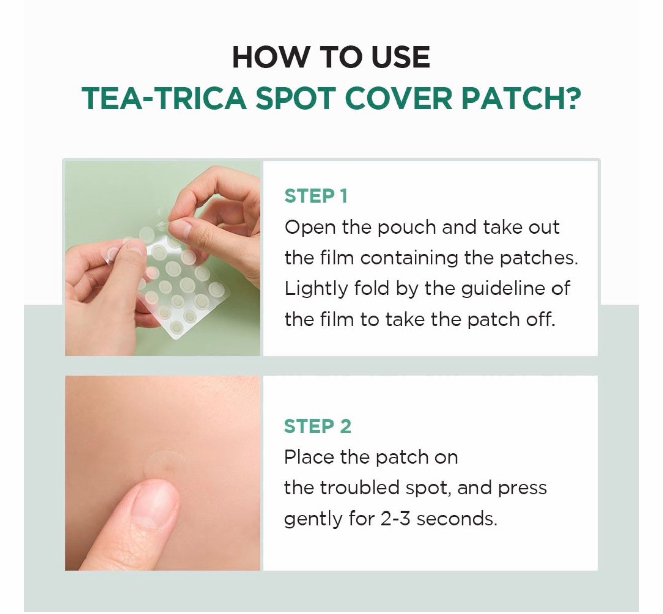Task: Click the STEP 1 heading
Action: click(316, 196)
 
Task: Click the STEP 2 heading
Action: click(317, 426)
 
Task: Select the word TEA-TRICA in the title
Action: click(164, 98)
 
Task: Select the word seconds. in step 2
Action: click(457, 519)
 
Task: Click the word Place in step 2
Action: click(309, 457)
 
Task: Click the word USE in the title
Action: click(400, 57)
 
